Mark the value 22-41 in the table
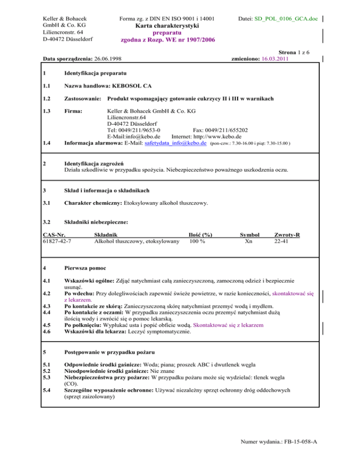click(281, 241)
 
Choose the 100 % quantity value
click(197, 241)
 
